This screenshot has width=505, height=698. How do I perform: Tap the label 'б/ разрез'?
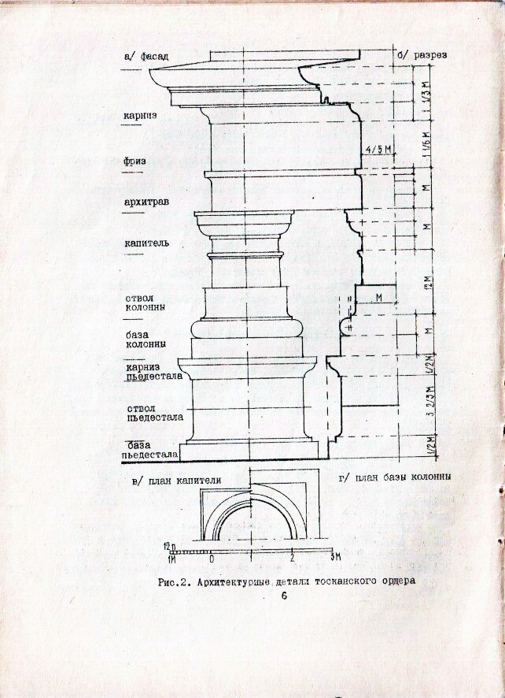[422, 55]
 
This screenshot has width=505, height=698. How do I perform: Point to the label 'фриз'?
[135, 161]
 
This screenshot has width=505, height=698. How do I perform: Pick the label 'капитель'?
[146, 243]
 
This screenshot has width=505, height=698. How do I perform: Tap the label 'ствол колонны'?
[145, 304]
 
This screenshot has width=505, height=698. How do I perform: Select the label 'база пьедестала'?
[151, 448]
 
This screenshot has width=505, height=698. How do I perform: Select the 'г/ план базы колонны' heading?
[394, 478]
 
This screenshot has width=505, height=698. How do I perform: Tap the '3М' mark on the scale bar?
[334, 558]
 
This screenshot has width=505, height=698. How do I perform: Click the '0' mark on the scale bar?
[211, 558]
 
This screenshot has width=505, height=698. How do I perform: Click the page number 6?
[284, 596]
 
